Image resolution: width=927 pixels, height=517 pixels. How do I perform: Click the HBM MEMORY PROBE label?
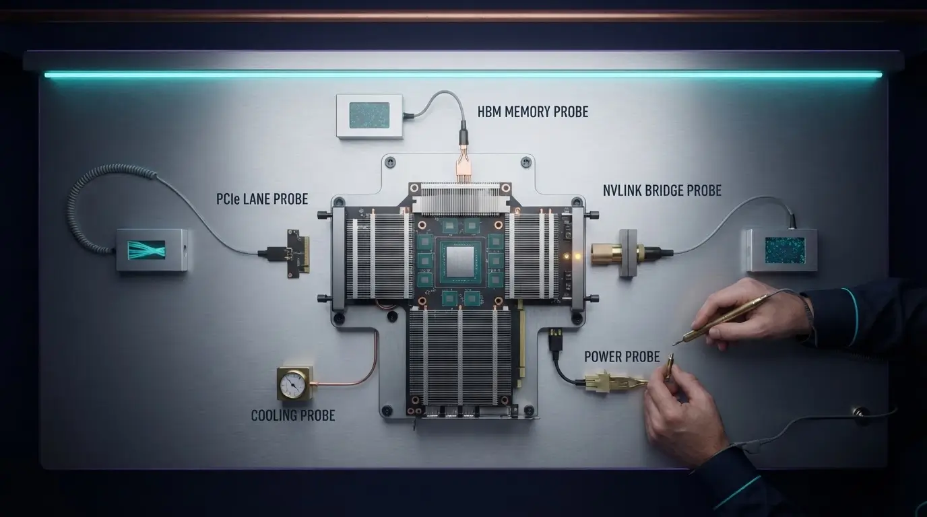533,112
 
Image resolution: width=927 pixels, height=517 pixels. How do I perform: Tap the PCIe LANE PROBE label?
262,199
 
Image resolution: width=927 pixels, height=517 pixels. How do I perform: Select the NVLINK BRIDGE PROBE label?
662,191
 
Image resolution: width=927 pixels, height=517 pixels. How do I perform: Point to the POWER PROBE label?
622,357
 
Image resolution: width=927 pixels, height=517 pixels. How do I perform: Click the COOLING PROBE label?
293,415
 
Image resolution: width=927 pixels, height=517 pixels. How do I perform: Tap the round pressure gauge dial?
292,384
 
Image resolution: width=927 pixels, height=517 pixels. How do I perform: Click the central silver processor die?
459,263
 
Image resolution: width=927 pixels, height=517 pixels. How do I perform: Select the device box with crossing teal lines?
152,250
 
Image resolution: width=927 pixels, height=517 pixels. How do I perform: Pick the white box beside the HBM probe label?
370,116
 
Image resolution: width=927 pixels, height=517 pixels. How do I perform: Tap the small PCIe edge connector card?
298,254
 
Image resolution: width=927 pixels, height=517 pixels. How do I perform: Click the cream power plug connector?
597,381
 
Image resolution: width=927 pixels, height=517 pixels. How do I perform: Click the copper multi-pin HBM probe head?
463,165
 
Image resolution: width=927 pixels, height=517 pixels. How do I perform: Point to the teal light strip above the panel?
463,75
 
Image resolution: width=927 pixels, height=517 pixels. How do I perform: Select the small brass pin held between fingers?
669,366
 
